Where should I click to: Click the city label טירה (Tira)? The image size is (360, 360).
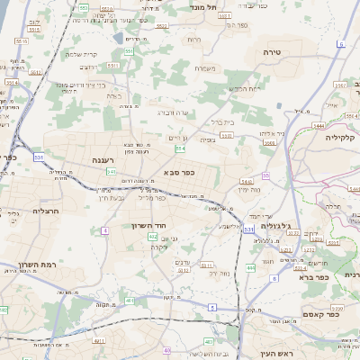[273, 53]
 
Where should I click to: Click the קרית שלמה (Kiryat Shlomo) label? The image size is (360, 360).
[81, 53]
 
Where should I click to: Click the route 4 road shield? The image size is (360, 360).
[104, 230]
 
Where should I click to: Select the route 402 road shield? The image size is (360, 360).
[152, 236]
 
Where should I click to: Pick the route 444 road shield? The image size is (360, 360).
[250, 268]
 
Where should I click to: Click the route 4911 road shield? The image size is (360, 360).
[98, 341]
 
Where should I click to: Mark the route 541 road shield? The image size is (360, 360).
[111, 171]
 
